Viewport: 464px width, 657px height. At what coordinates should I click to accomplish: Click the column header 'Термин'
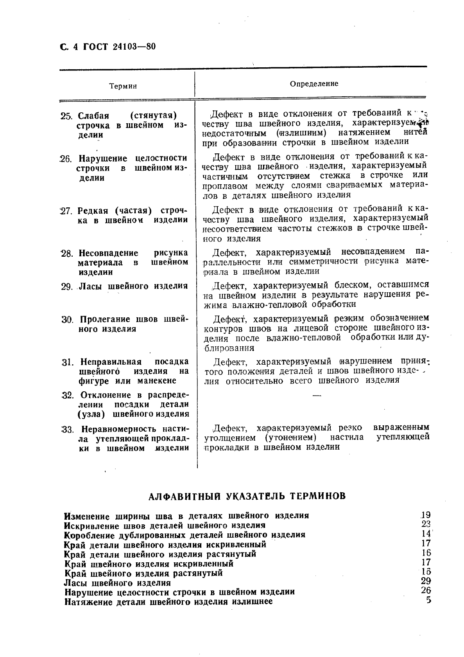click(123, 86)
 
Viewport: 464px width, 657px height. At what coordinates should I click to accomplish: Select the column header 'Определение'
click(314, 83)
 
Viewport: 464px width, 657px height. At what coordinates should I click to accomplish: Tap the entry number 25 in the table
click(66, 116)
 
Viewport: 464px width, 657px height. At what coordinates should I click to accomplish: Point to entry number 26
click(66, 159)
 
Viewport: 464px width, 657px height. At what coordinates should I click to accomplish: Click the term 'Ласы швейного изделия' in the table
click(133, 286)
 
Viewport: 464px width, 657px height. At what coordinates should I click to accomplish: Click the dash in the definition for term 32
click(316, 396)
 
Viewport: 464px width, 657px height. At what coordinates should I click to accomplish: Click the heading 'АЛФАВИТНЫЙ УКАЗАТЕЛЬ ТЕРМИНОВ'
click(247, 496)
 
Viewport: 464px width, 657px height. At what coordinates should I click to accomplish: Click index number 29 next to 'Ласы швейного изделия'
click(425, 581)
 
